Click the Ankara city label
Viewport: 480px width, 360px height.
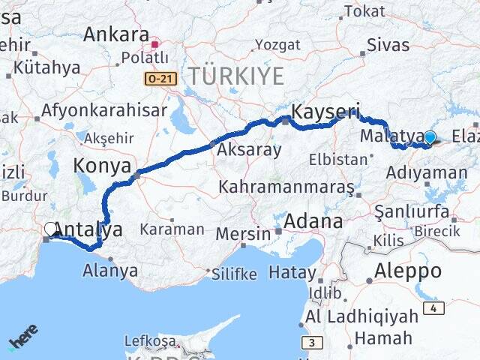pyautogui.click(x=116, y=34)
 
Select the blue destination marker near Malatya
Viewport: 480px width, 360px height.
pyautogui.click(x=430, y=137)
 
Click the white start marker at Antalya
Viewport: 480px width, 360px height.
pyautogui.click(x=51, y=229)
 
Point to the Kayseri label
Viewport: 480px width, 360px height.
pyautogui.click(x=325, y=112)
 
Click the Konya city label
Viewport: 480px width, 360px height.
pyautogui.click(x=102, y=166)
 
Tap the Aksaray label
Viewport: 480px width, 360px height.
pyautogui.click(x=249, y=150)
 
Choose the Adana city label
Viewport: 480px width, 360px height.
pyautogui.click(x=313, y=221)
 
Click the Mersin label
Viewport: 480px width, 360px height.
pyautogui.click(x=242, y=233)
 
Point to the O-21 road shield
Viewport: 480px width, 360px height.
pyautogui.click(x=159, y=78)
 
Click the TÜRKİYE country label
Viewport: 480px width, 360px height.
pyautogui.click(x=235, y=76)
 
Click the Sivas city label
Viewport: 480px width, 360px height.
pyautogui.click(x=388, y=44)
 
